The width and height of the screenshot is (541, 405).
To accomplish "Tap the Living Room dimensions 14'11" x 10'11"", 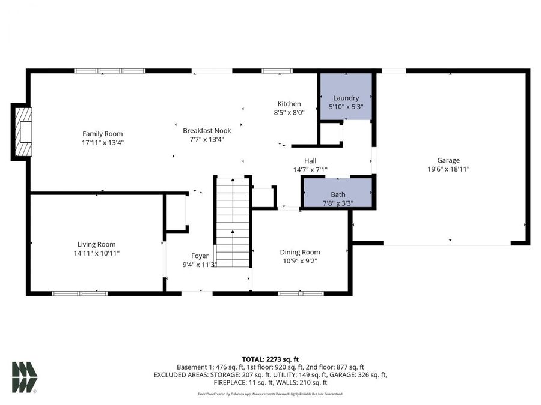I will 96,253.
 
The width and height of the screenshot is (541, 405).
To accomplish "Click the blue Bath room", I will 338,194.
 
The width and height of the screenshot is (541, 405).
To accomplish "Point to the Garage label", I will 448,160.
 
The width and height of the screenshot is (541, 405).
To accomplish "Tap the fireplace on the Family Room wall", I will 22,131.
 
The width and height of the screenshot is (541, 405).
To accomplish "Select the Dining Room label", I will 300,252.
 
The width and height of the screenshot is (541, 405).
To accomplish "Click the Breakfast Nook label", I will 207,130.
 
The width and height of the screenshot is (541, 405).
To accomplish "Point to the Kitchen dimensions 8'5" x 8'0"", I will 289,112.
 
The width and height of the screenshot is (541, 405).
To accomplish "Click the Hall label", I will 310,161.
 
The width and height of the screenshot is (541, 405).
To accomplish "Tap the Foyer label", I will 200,256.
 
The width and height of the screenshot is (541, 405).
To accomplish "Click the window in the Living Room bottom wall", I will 80,293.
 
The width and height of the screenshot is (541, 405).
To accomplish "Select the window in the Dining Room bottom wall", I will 300,293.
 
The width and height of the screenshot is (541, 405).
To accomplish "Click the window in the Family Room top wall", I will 110,71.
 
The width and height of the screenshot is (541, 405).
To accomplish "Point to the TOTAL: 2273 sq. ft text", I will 270,359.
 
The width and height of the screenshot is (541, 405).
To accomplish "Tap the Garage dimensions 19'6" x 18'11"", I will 448,169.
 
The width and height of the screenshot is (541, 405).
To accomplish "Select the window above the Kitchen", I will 277,71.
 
